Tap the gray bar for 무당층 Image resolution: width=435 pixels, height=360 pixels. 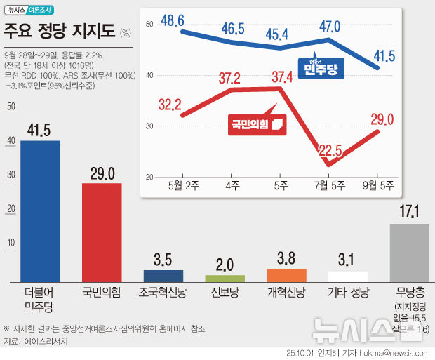pyautogui.click(x=409, y=253)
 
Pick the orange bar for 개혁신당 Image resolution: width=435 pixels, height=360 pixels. pyautogui.click(x=286, y=275)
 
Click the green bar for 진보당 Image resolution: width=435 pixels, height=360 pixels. pyautogui.click(x=225, y=278)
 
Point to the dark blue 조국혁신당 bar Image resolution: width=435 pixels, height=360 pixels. pyautogui.click(x=163, y=276)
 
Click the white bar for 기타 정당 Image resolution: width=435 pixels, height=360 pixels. pyautogui.click(x=348, y=276)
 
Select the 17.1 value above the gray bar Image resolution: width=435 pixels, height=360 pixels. pyautogui.click(x=409, y=212)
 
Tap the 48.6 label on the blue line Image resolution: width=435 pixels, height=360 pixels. pyautogui.click(x=172, y=20)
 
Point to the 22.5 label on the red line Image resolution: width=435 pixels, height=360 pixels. pyautogui.click(x=329, y=149)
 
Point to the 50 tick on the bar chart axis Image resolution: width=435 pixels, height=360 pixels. pyautogui.click(x=10, y=107)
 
